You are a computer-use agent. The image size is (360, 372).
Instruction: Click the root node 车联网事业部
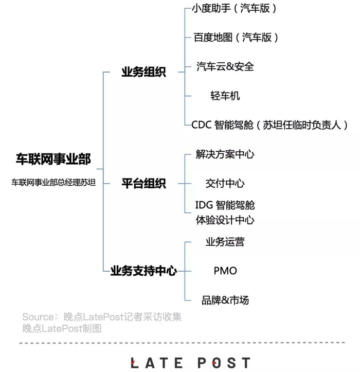tap(53, 159)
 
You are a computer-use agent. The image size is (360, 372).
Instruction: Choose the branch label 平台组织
tap(143, 183)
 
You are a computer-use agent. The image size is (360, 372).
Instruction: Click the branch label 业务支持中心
tap(143, 271)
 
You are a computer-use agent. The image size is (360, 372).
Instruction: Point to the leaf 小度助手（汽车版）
tap(234, 8)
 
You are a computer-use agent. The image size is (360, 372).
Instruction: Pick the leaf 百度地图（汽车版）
tap(236, 37)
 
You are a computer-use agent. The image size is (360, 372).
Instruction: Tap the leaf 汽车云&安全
tap(225, 66)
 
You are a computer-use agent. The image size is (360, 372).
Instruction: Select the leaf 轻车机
tap(225, 96)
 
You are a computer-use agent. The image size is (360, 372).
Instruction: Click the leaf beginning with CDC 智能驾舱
tap(270, 125)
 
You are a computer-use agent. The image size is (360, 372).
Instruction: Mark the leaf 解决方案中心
tap(225, 154)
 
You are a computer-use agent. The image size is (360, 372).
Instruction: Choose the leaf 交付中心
tap(225, 183)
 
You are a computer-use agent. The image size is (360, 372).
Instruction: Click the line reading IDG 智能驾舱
tap(225, 205)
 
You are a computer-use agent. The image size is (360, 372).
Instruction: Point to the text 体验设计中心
tap(225, 220)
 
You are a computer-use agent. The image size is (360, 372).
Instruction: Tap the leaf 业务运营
tap(225, 242)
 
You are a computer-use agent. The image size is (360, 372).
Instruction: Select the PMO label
tap(225, 271)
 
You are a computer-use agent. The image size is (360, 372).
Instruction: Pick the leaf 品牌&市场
tap(225, 300)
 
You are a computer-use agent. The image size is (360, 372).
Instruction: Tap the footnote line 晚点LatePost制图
tap(62, 328)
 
